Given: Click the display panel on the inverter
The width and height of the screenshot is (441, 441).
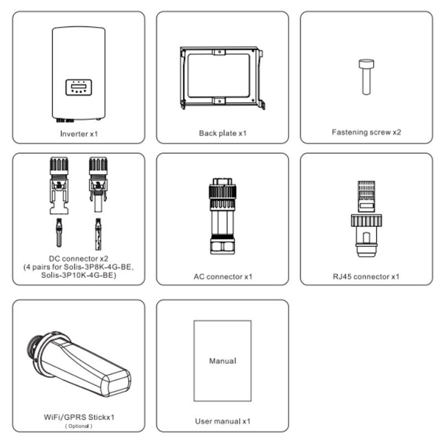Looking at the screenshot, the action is tap(79, 87).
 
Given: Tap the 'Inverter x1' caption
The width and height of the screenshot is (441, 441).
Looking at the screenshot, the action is tap(79, 134).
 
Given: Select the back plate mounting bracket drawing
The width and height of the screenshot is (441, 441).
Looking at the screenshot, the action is tap(222, 78).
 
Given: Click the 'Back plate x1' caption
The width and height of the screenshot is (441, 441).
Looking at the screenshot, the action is tap(223, 133).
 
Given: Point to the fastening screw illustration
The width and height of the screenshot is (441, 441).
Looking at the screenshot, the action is tap(366, 77).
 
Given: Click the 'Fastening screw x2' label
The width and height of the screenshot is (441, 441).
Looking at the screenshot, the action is tap(366, 132).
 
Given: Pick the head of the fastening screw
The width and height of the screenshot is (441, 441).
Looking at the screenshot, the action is tap(366, 64).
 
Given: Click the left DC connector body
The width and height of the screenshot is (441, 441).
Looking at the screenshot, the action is tap(59, 186).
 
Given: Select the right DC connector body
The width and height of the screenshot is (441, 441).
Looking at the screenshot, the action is tap(98, 185).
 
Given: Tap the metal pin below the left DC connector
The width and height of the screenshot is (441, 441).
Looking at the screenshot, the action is tap(59, 233).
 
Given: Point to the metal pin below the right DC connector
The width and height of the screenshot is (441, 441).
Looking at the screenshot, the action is tap(98, 234).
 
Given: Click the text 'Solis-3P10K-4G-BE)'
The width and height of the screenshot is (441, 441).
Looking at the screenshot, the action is tap(79, 275).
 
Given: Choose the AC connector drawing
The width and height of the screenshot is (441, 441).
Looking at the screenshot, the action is tap(223, 216).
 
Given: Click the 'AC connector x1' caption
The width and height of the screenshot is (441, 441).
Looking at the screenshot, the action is tap(223, 277).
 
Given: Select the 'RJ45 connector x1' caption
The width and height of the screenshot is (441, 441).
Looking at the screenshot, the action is tap(366, 277).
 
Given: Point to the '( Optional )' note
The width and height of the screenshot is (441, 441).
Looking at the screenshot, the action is tap(79, 426).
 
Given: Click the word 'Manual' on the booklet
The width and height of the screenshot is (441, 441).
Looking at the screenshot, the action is tap(223, 361).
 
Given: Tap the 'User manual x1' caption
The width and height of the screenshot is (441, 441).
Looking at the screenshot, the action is tap(223, 421).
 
